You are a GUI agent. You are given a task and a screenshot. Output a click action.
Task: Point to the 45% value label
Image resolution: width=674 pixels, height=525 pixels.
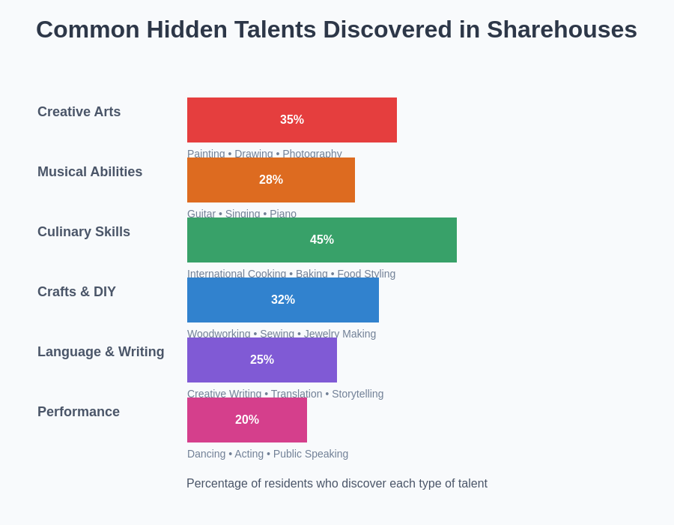pyautogui.click(x=322, y=240)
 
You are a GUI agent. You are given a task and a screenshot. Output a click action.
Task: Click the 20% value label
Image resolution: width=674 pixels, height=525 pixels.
pyautogui.click(x=247, y=420)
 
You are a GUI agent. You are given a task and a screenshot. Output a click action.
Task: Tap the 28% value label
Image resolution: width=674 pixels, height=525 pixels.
pyautogui.click(x=271, y=180)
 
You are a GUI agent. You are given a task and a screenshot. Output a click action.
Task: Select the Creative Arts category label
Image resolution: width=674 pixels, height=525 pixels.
pyautogui.click(x=79, y=112)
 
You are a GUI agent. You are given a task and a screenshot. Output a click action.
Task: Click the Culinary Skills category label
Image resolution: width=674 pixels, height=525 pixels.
pyautogui.click(x=84, y=232)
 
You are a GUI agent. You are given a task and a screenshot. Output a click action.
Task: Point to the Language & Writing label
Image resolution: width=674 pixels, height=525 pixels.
pyautogui.click(x=100, y=352)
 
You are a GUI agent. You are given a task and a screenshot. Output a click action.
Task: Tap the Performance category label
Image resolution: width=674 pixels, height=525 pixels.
pyautogui.click(x=79, y=412)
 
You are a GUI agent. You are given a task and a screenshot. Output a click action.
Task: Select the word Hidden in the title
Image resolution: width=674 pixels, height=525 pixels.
pyautogui.click(x=186, y=30)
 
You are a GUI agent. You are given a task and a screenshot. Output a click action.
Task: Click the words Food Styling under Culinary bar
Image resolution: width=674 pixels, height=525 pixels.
pyautogui.click(x=366, y=274)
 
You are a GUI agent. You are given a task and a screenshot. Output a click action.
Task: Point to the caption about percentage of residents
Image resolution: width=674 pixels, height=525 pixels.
pyautogui.click(x=337, y=484)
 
